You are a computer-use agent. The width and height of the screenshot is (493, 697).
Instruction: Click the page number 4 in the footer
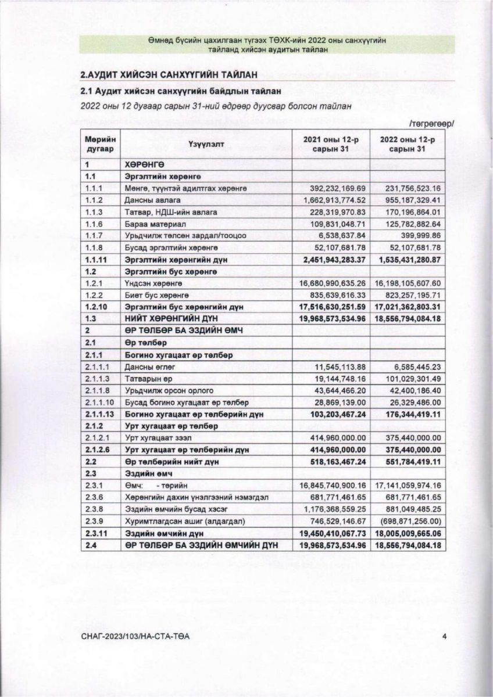click(444, 637)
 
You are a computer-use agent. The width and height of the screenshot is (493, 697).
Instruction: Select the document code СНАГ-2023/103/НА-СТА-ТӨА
click(136, 637)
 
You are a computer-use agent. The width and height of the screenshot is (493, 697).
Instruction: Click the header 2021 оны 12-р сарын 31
click(330, 145)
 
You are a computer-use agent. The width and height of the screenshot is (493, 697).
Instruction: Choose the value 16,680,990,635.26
click(331, 283)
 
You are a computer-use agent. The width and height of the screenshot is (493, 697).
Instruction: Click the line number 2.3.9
click(93, 522)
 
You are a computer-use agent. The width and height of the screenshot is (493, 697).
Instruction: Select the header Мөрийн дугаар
click(101, 145)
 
